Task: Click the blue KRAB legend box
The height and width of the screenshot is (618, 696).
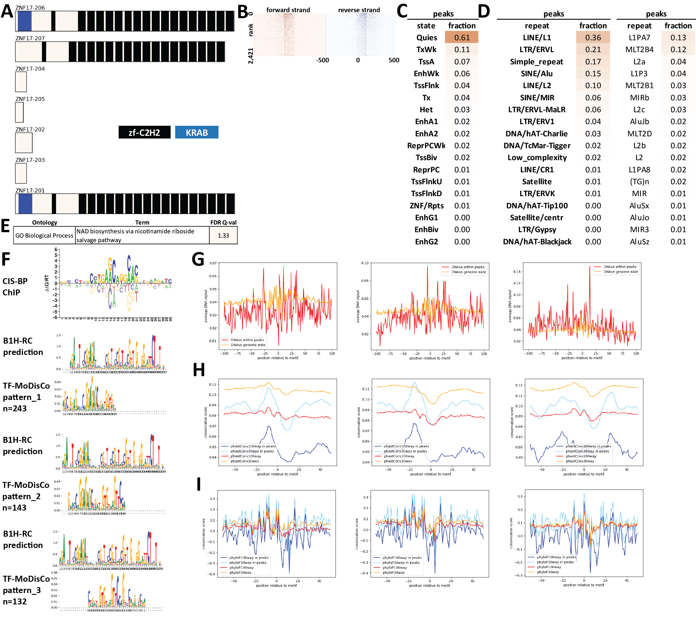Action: tap(197, 132)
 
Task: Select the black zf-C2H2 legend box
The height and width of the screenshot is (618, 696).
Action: tap(144, 132)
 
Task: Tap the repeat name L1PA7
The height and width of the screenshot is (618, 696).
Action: tap(639, 37)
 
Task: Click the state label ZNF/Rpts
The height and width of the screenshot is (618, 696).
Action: tap(426, 206)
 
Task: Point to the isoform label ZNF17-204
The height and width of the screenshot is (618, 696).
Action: tap(30, 69)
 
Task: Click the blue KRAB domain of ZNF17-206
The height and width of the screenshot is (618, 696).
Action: tap(25, 21)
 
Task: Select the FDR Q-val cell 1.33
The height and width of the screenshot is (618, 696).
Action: tap(223, 236)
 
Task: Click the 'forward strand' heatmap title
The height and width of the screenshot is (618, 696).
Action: tap(288, 10)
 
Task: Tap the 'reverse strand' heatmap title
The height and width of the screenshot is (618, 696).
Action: tap(359, 10)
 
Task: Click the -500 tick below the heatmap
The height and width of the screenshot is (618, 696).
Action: tap(322, 60)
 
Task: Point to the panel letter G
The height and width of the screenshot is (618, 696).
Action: tap(198, 259)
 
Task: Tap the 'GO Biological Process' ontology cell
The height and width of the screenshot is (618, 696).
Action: tap(44, 236)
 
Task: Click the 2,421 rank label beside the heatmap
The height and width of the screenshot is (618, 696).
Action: tap(251, 56)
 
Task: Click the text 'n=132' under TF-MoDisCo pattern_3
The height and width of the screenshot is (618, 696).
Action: tap(15, 601)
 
